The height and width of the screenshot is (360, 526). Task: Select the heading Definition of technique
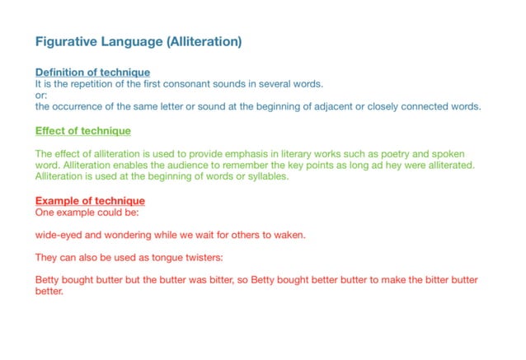(92, 72)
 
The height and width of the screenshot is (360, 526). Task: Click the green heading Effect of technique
(82, 131)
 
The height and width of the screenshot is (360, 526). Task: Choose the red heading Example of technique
(90, 201)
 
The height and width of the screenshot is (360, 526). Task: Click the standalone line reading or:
(41, 96)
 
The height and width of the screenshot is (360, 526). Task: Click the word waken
(287, 235)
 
